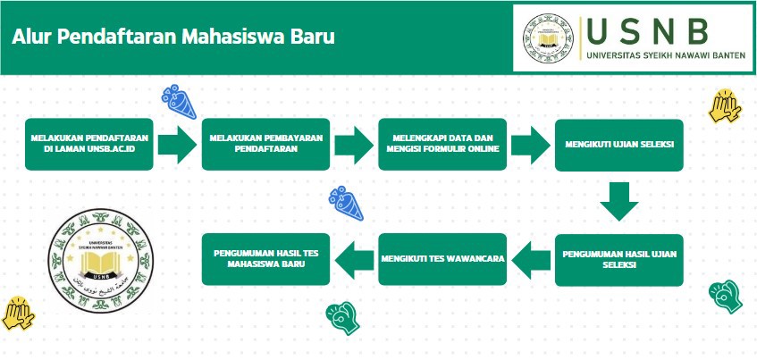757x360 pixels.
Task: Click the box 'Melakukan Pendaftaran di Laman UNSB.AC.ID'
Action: click(x=88, y=144)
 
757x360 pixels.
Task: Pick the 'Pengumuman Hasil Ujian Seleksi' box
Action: click(x=618, y=259)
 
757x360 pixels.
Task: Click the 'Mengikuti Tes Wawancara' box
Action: click(x=442, y=259)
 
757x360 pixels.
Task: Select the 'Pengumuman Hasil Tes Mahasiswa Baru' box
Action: click(x=266, y=259)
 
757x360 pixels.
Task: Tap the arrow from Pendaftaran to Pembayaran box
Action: click(x=177, y=144)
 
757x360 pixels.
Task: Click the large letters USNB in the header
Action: click(x=648, y=31)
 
